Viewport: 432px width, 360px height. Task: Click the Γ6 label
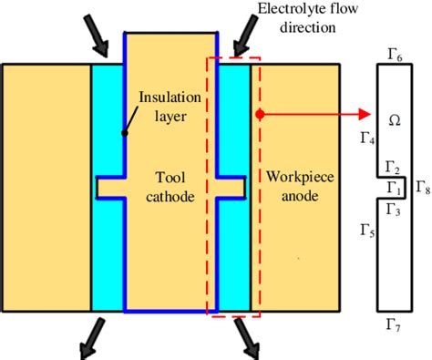[395, 56]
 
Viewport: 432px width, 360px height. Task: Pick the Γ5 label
[367, 232]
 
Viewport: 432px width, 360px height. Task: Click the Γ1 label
[394, 187]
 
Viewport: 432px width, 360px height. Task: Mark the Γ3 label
[394, 210]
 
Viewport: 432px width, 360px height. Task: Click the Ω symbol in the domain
[394, 119]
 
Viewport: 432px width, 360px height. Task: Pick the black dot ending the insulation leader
[123, 133]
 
